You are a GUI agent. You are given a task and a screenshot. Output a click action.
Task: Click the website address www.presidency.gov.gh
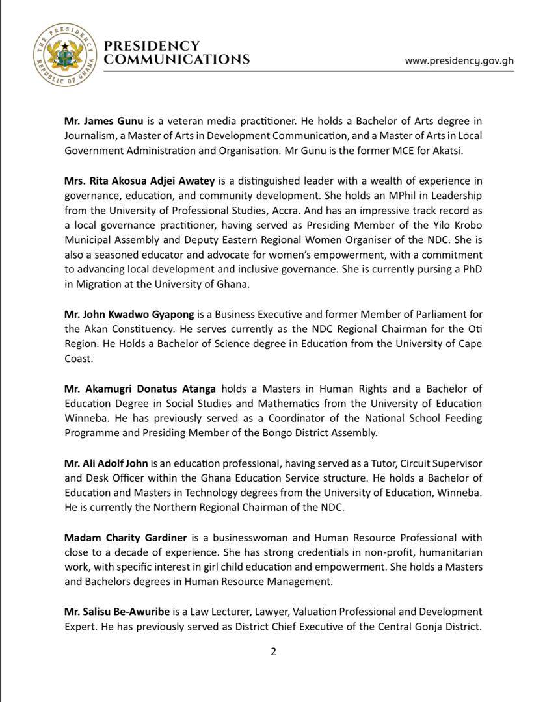point(459,60)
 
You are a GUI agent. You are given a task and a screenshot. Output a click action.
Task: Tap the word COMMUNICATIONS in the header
point(177,59)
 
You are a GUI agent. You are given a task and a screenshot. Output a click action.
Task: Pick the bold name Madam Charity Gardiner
point(126,538)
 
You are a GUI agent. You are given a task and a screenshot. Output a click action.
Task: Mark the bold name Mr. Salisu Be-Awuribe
point(116,612)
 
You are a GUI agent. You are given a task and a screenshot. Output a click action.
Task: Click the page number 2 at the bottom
point(273,652)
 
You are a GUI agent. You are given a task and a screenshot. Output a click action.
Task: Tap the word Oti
point(474,329)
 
